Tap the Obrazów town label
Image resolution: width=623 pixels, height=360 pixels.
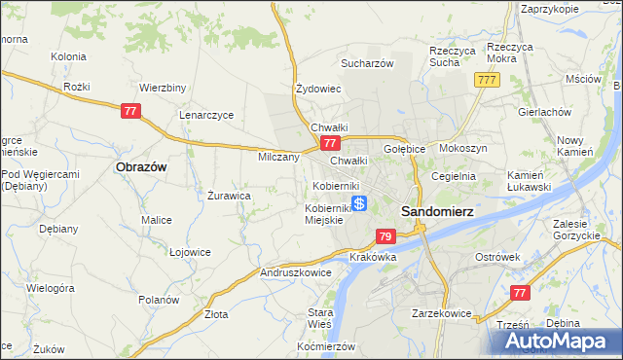pos(141,167)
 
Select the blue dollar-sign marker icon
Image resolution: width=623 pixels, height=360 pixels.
pos(359,203)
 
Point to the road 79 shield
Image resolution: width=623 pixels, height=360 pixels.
pos(385,236)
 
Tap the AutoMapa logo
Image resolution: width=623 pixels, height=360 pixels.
pos(561,342)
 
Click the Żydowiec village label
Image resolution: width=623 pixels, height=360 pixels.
pos(318,89)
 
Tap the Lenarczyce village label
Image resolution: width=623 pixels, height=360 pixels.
pos(206,115)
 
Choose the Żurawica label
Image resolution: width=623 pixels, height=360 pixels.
pos(230,195)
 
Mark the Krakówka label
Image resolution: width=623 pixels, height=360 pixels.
pos(371,257)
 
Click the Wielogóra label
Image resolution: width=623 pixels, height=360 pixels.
pos(51,289)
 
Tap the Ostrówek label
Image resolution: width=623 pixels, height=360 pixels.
pos(499,256)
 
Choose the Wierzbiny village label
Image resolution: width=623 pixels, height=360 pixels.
pos(163,88)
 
